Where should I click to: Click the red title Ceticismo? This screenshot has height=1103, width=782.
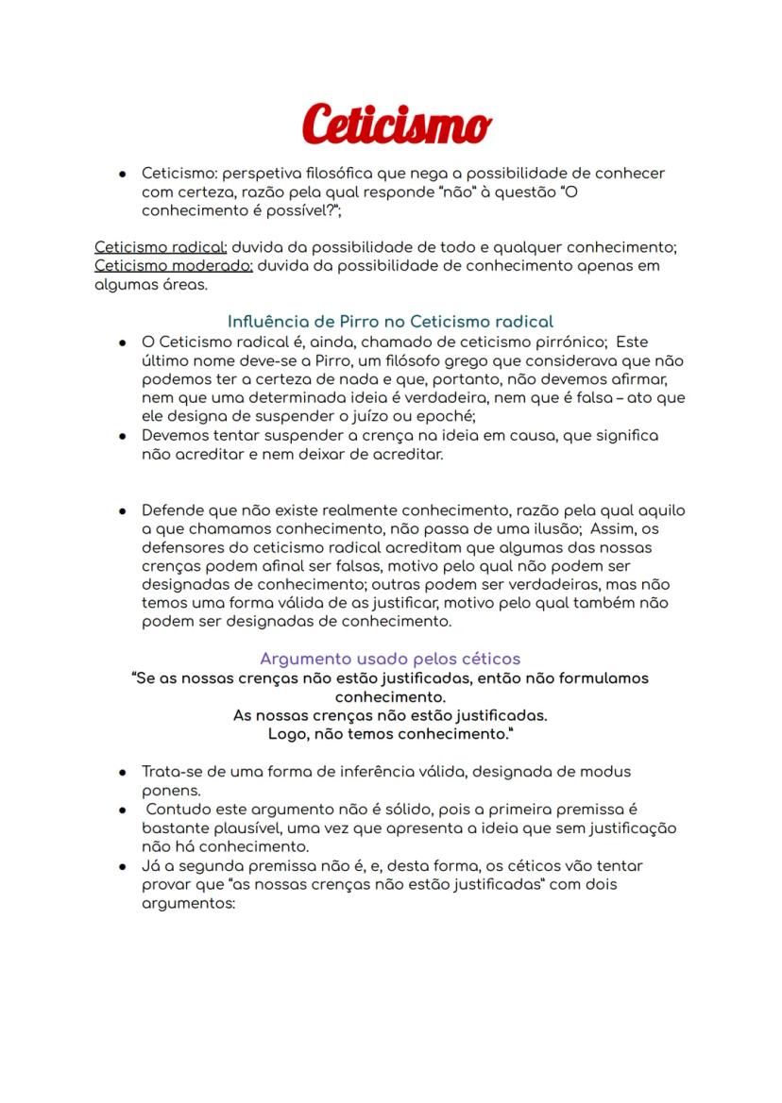click(x=397, y=125)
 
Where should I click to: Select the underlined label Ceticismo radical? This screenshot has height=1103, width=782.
click(x=160, y=247)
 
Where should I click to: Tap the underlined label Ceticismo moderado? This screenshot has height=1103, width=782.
click(x=173, y=265)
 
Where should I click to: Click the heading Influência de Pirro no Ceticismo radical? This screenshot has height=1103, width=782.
click(x=390, y=321)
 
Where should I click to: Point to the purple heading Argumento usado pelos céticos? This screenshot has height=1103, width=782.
click(x=390, y=658)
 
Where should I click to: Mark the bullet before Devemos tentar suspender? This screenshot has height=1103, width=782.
click(x=123, y=436)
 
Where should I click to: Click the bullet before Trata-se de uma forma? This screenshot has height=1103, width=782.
click(x=123, y=772)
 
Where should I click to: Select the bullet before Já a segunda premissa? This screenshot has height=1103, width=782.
click(x=123, y=866)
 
